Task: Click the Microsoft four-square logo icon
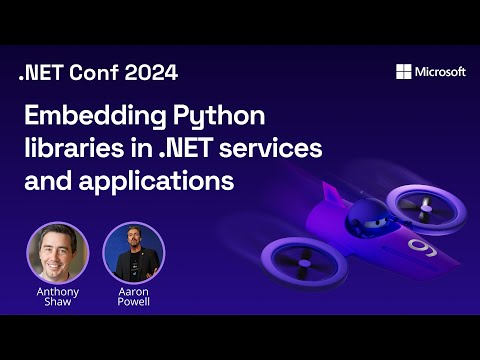pos(404,71)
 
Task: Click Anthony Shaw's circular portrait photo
pos(57,252)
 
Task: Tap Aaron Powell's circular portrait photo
pos(133,252)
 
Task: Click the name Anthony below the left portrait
pos(57,292)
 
